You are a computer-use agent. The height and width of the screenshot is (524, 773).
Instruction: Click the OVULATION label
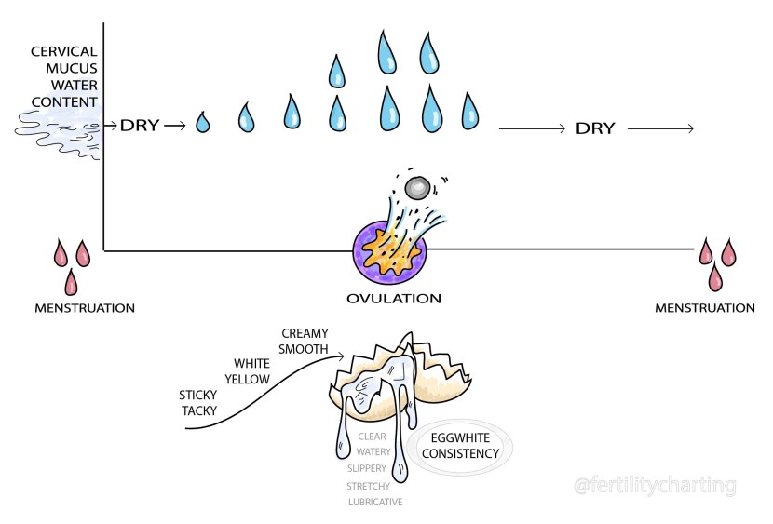[392, 299]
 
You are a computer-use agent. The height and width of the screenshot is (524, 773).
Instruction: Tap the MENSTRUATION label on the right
[704, 308]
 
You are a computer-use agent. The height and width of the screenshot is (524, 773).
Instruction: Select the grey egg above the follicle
[417, 187]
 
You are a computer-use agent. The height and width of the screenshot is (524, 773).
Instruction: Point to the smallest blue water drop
[203, 122]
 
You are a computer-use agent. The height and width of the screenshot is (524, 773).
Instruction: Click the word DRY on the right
[595, 128]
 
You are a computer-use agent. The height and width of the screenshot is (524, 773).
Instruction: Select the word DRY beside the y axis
[140, 125]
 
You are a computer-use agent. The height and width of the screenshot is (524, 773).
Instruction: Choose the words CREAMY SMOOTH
[305, 342]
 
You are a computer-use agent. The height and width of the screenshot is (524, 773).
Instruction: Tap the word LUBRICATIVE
[374, 502]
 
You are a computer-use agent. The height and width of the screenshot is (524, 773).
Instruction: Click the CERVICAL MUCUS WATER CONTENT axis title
[63, 75]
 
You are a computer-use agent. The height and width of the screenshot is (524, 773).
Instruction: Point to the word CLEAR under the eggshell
[373, 436]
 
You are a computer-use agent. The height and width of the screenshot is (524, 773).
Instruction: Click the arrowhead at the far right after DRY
[688, 128]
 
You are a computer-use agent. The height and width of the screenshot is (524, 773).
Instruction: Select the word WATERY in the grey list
[373, 451]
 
